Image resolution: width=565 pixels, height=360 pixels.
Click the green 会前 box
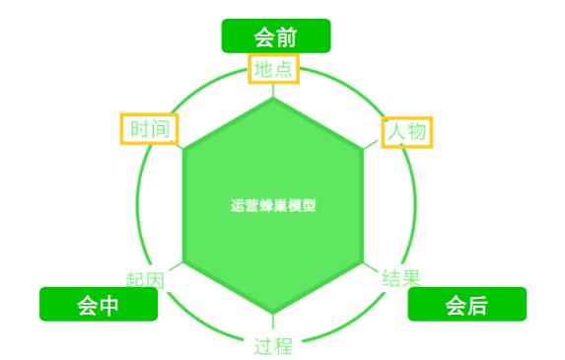[275, 36]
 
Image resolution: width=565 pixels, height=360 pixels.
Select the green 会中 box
[98, 305]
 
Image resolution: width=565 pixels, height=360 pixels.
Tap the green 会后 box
[466, 305]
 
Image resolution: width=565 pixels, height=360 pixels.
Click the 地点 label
[274, 69]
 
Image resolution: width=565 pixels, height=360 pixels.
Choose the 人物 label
[408, 130]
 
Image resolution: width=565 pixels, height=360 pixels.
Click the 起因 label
[145, 280]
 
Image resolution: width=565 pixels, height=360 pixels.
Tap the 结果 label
[400, 278]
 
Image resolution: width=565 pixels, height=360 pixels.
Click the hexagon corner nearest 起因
[183, 263]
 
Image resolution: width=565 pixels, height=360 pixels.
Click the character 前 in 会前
[286, 36]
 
